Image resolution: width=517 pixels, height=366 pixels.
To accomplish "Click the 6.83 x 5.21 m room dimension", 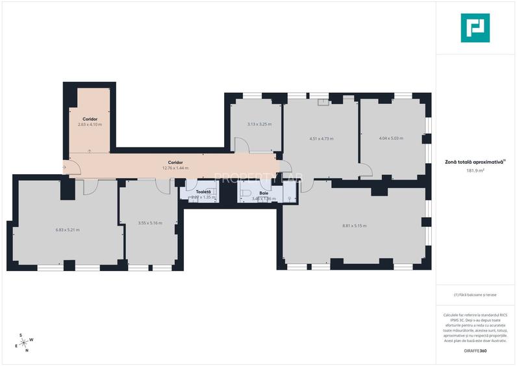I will [67, 229].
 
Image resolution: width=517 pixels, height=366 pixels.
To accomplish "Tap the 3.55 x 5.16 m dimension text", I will [150, 223].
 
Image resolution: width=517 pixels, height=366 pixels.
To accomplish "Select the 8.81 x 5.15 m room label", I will [354, 226].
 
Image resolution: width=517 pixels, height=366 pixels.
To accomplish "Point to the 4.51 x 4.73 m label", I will [321, 138].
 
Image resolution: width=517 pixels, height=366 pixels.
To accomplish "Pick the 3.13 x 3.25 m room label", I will [259, 124].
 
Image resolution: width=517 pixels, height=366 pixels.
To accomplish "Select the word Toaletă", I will [203, 192].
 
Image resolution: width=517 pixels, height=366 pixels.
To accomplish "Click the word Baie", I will [264, 193].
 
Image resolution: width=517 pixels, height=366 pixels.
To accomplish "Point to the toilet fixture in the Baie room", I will [246, 193].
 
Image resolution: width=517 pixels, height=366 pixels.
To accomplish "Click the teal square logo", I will [475, 28].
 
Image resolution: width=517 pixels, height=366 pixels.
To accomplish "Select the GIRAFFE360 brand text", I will [475, 351].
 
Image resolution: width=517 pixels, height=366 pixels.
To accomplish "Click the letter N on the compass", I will [27, 350].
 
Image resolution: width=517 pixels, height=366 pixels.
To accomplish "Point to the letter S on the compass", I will [21, 335].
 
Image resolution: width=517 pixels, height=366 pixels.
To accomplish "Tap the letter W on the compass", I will [31, 340].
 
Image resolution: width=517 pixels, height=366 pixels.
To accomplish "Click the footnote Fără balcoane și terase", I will [475, 294].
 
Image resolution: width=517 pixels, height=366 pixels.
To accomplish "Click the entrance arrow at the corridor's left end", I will [65, 168].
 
